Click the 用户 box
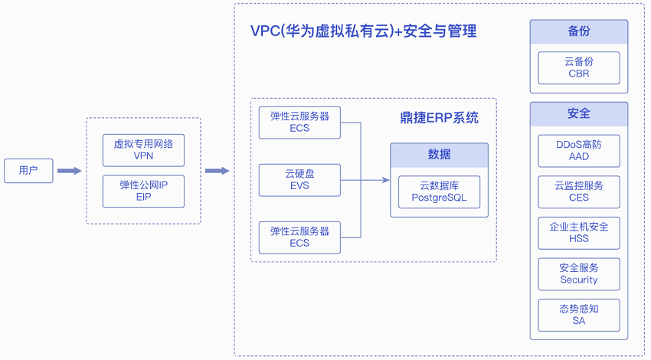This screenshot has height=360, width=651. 28,171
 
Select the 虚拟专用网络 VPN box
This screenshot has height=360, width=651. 144,149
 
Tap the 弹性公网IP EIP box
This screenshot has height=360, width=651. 144,191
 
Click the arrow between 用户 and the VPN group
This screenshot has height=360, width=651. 69,171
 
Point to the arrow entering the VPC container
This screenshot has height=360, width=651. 218,171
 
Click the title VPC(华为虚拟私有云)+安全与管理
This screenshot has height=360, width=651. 364,31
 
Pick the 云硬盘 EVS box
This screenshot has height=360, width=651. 299,180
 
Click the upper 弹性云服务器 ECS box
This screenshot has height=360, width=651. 299,123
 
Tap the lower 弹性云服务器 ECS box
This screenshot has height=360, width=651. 299,237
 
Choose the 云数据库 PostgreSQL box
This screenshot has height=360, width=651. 439,191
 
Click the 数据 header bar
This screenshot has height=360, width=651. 439,155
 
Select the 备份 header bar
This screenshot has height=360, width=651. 579,32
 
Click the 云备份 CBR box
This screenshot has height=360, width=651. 579,67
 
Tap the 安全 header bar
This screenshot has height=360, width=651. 579,113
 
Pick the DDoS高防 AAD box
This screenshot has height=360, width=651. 579,150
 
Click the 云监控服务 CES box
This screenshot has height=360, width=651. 579,191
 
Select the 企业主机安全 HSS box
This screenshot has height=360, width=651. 579,233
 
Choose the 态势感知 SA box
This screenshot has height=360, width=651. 579,315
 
